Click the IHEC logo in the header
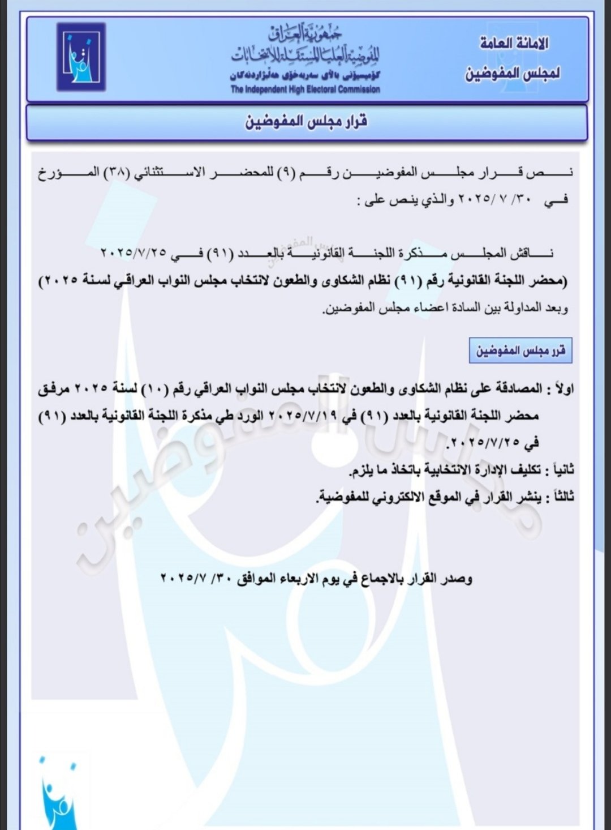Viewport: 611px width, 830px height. [81, 57]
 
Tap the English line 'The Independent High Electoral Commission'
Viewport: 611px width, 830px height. [305, 89]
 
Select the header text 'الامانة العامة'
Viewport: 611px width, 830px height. [514, 44]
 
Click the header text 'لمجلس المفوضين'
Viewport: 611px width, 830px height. [513, 73]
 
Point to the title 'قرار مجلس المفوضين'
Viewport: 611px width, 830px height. [306, 121]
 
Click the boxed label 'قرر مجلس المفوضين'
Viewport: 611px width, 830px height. [520, 350]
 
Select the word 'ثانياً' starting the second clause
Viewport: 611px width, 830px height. [560, 470]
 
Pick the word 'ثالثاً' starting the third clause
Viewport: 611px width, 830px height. [561, 497]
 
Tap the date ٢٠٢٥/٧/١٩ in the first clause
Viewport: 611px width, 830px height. [308, 416]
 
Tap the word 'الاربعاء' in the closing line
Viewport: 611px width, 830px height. [305, 579]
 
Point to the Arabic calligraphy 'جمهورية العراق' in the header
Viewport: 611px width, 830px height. [305, 35]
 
